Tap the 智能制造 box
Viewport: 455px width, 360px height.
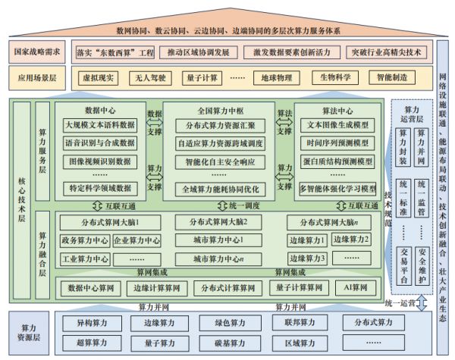tap(389, 77)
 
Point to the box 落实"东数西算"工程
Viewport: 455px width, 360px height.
tap(116, 53)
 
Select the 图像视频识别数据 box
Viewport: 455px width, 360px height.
tap(99, 161)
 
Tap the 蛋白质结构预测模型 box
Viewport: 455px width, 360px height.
tap(336, 161)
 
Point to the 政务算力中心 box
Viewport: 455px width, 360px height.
tap(83, 240)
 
